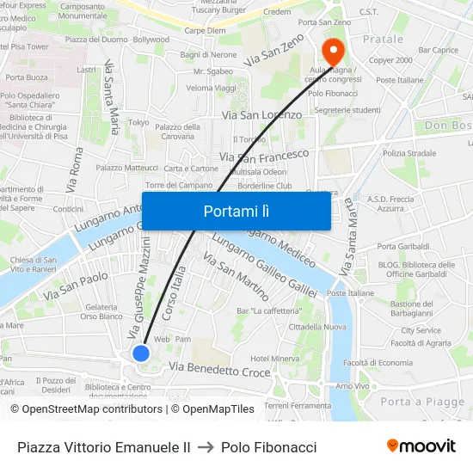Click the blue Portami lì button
[x=236, y=211]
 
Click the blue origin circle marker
[x=141, y=353]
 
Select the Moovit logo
[x=421, y=446]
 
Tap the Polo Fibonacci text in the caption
[x=268, y=447]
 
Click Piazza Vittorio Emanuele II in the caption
[x=104, y=447]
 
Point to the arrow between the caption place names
[x=206, y=447]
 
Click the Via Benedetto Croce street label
[x=219, y=370]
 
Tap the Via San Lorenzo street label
[x=261, y=114]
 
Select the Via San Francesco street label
[x=264, y=156]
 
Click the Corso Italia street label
[x=175, y=293]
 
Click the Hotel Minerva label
[x=274, y=358]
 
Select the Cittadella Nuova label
[x=317, y=327]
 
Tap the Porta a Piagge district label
[x=422, y=402]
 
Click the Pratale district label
[x=383, y=40]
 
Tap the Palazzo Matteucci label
[x=126, y=168]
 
